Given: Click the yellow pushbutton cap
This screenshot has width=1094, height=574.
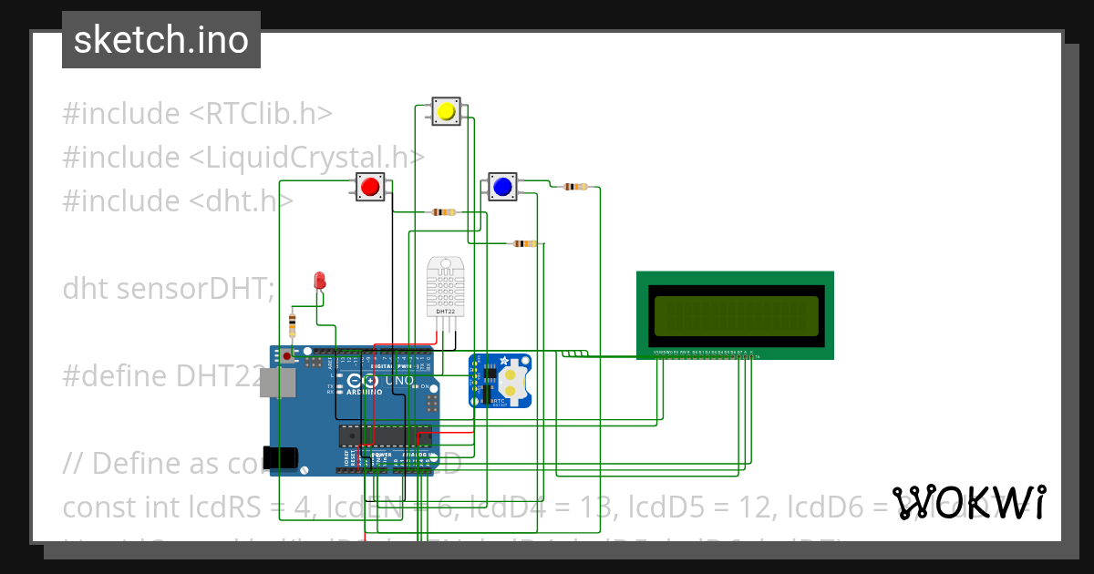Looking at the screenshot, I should pyautogui.click(x=446, y=111).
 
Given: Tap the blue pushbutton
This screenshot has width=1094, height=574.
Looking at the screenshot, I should pyautogui.click(x=501, y=187).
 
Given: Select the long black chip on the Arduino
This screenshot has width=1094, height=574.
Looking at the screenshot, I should pyautogui.click(x=384, y=436).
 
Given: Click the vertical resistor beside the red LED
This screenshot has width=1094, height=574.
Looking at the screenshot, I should pyautogui.click(x=292, y=323).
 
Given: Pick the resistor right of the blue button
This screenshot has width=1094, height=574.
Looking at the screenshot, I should pyautogui.click(x=575, y=187).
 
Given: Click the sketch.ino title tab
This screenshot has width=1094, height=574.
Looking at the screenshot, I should pyautogui.click(x=160, y=40).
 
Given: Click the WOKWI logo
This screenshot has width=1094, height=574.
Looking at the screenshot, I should pyautogui.click(x=968, y=503).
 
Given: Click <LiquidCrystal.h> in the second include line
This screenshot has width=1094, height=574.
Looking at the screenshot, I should pyautogui.click(x=306, y=158).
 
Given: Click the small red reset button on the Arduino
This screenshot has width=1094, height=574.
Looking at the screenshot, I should pyautogui.click(x=287, y=355).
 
